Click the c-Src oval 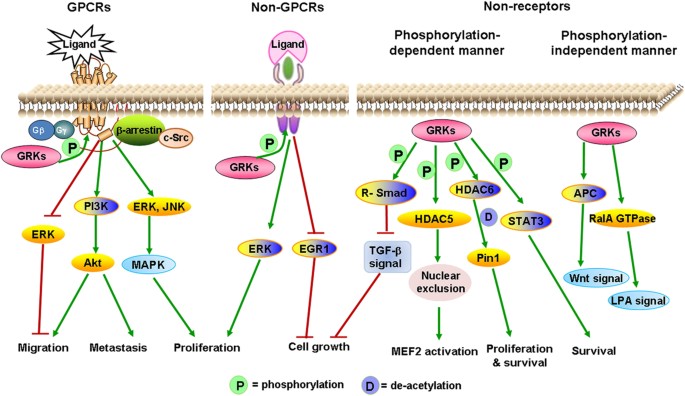[176, 139]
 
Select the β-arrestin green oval [138, 131]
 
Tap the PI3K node [97, 206]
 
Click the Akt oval [93, 263]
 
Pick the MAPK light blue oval [148, 265]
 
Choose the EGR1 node [314, 249]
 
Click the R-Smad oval [385, 192]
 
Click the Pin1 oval [488, 258]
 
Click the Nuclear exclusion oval [440, 282]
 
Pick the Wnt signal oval [596, 278]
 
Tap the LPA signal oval [639, 301]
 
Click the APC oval [585, 193]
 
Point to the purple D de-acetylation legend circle [370, 385]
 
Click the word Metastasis [118, 348]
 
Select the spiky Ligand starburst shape [80, 44]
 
